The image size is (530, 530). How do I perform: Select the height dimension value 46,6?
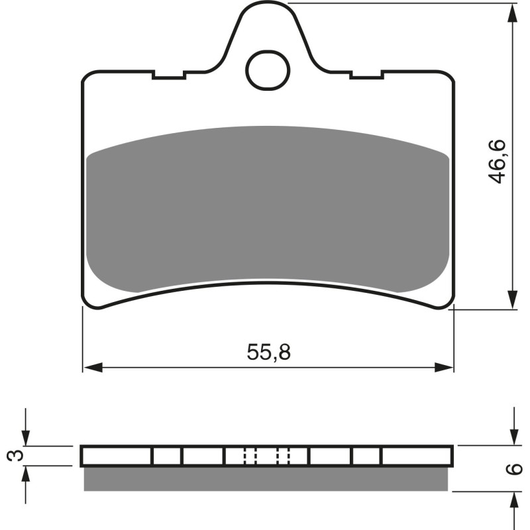pos(498,161)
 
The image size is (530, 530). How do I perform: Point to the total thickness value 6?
pos(512,470)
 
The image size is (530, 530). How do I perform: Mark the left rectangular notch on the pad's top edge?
pos(168,75)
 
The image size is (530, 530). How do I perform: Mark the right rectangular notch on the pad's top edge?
pos(366,75)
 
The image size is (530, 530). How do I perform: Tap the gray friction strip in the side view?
pos(268,479)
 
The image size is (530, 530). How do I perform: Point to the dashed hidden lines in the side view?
pos(268,456)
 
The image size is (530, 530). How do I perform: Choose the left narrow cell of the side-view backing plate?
pos(167,456)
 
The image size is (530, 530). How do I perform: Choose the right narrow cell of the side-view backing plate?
pos(366,456)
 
